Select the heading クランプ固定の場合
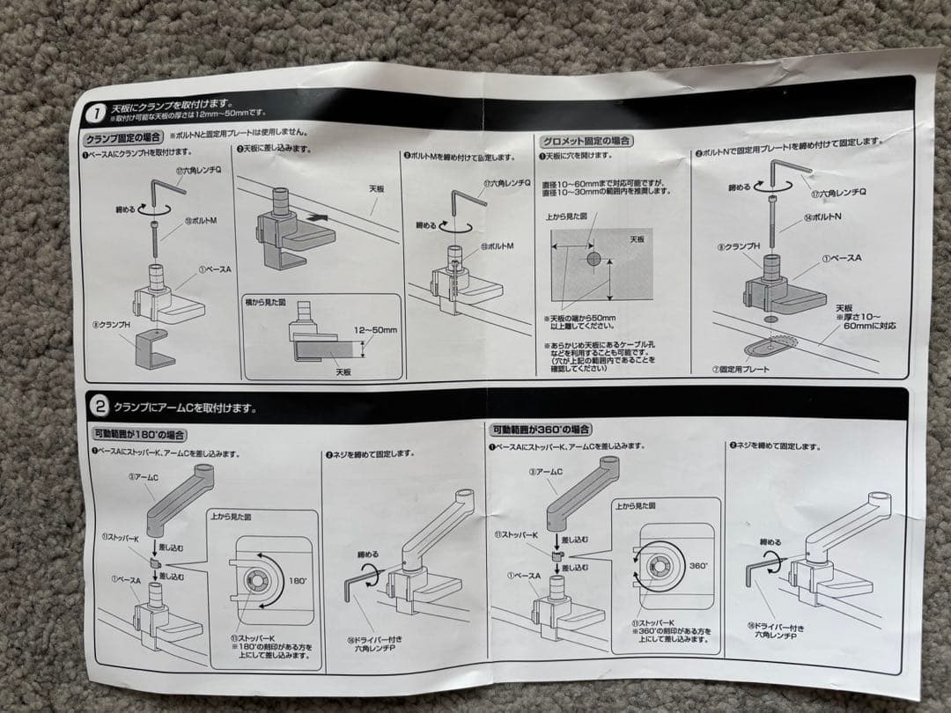[122, 138]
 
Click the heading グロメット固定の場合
[588, 141]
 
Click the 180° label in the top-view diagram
[299, 580]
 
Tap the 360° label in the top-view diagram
[697, 566]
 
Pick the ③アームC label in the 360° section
[545, 473]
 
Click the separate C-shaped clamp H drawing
[154, 350]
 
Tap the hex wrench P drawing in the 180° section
[358, 587]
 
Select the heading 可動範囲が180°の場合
[139, 434]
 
